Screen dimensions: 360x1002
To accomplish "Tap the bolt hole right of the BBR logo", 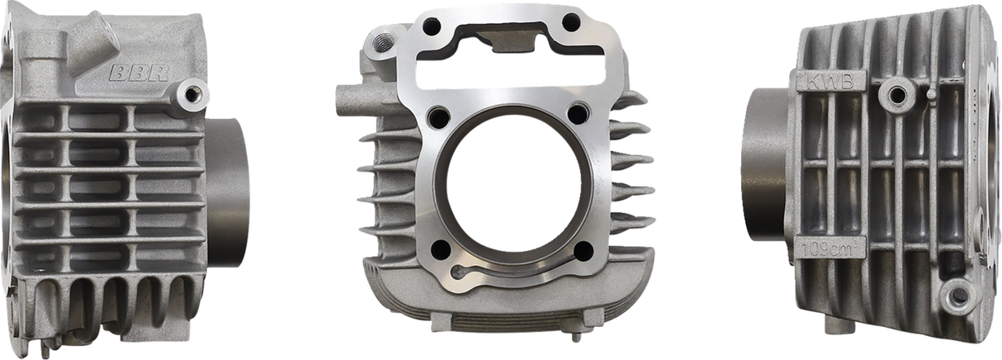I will pos(195,94).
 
